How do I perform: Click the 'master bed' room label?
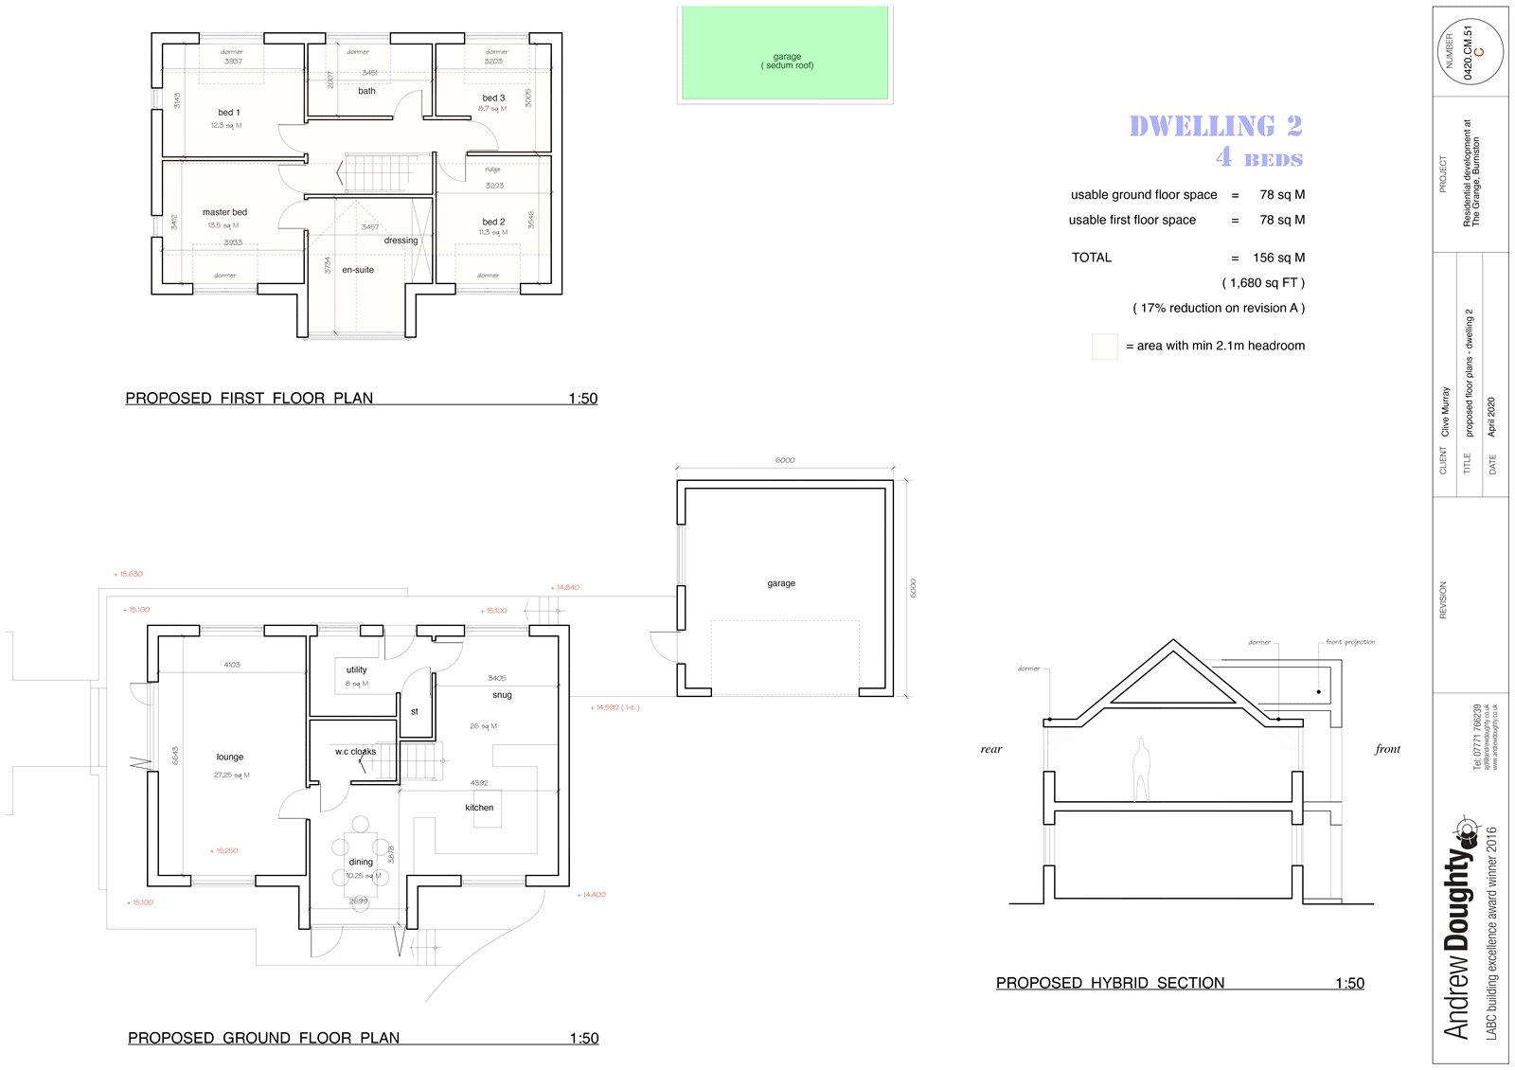click(224, 212)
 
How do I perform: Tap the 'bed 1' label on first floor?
click(228, 113)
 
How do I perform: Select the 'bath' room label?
click(366, 91)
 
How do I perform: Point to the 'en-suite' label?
click(358, 270)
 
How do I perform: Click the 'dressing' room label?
click(401, 241)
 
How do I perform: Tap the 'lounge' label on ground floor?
click(229, 758)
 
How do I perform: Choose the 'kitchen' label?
click(479, 808)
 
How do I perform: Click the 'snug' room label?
click(502, 695)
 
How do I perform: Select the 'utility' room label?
click(356, 669)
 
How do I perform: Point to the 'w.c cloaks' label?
click(355, 752)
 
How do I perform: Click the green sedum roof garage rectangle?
click(785, 52)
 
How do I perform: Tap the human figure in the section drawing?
click(1142, 770)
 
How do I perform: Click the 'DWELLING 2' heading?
click(1215, 126)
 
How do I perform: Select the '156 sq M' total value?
click(1278, 258)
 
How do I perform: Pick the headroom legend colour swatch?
click(1104, 347)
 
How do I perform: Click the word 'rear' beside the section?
click(990, 749)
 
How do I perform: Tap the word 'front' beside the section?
click(1387, 749)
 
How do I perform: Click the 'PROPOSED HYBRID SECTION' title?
click(1110, 983)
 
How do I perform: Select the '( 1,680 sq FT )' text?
click(1263, 283)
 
